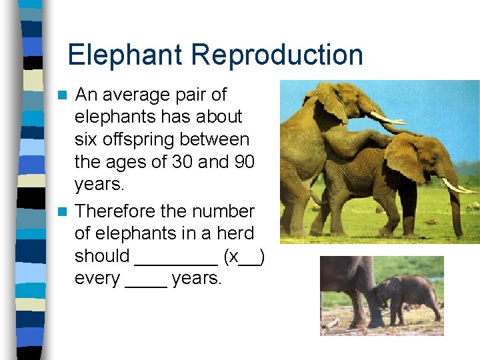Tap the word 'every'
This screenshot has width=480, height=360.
click(97, 279)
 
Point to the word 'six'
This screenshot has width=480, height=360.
click(86, 139)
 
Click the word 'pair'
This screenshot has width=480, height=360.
click(191, 95)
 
